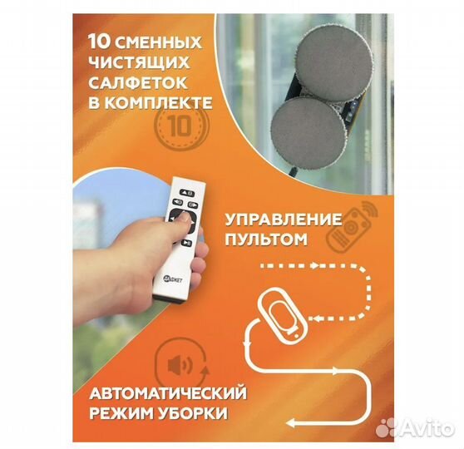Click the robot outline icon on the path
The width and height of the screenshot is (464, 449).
coord(284,316)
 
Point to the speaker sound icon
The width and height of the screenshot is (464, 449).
coord(180,367)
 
